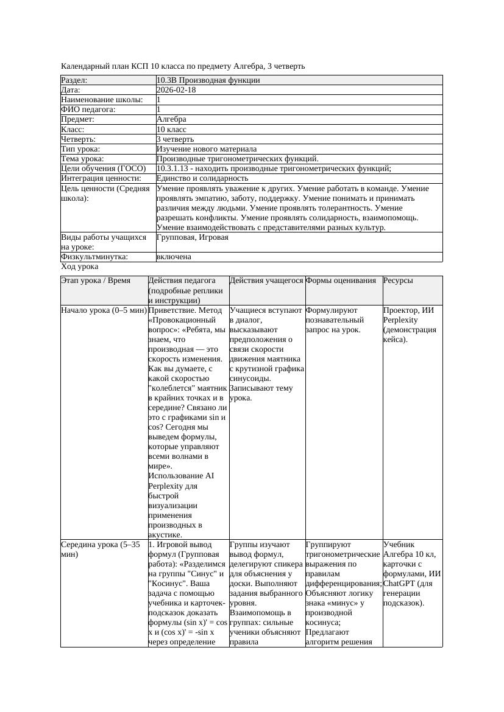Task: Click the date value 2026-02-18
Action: click(x=176, y=90)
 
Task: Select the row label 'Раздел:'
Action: click(x=74, y=80)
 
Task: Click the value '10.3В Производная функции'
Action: click(x=208, y=80)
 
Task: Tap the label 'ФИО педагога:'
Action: click(x=89, y=110)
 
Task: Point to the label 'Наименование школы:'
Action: click(x=102, y=100)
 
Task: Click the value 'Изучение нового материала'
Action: click(x=207, y=149)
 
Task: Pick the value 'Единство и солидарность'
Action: click(x=202, y=178)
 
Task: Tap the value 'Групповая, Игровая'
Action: click(x=193, y=237)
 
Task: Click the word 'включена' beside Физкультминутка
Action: click(x=174, y=257)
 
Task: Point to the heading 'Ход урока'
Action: click(x=80, y=267)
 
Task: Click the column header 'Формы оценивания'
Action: click(x=341, y=281)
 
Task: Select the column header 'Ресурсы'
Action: click(x=398, y=281)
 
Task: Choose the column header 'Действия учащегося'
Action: click(x=266, y=281)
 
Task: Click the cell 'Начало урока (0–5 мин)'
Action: click(x=104, y=310)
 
